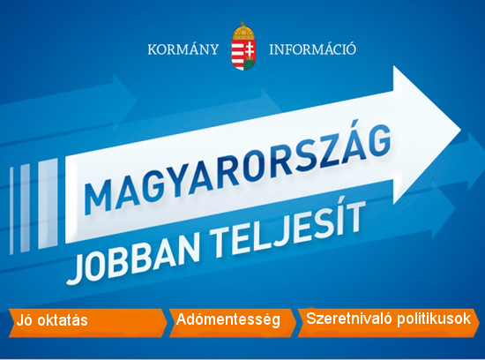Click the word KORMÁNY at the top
point(183,49)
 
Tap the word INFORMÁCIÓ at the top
point(312,49)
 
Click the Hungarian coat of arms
point(243,47)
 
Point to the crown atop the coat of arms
point(243,30)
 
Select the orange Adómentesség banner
point(232,323)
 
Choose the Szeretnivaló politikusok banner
point(388,323)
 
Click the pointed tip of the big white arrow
point(461,131)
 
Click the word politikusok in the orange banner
point(433,319)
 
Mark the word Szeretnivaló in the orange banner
point(349,319)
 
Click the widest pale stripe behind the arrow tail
point(48,204)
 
